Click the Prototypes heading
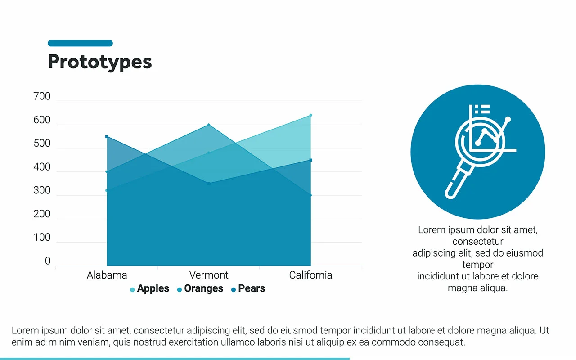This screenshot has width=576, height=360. [x=100, y=62]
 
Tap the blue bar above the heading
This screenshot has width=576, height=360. [x=80, y=43]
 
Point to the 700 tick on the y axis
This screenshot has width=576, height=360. [x=42, y=96]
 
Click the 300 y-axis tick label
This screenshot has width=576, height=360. [x=42, y=190]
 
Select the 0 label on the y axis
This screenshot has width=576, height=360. [x=48, y=261]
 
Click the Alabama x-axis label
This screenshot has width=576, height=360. [x=107, y=275]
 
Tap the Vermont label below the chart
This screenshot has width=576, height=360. [x=209, y=275]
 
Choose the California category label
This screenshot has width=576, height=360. [x=310, y=275]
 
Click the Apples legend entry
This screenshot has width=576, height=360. [x=150, y=288]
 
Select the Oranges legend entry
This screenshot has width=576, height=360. [x=200, y=288]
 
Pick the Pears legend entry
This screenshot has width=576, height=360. [x=248, y=288]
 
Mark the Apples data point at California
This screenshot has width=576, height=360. [x=310, y=116]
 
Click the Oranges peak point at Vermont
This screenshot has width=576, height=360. [x=209, y=125]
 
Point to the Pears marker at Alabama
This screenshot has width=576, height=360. [x=107, y=136]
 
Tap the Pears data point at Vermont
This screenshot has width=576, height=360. [x=209, y=184]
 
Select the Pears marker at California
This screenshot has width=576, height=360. [x=310, y=160]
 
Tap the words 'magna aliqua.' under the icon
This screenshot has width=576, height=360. [x=478, y=288]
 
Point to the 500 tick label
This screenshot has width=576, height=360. [x=42, y=144]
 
